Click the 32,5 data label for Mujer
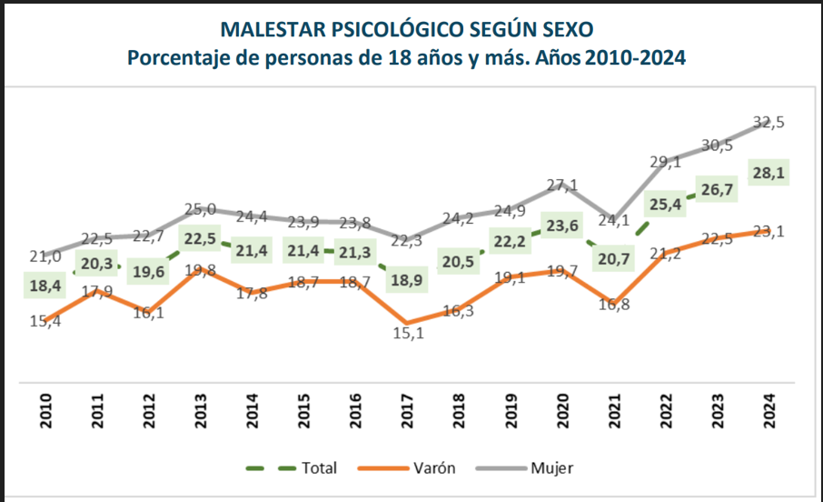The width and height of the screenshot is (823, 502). click(769, 122)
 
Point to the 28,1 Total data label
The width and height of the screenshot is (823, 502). click(768, 173)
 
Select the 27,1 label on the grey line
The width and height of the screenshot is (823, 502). click(563, 186)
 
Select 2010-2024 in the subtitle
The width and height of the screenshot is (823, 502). click(635, 57)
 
